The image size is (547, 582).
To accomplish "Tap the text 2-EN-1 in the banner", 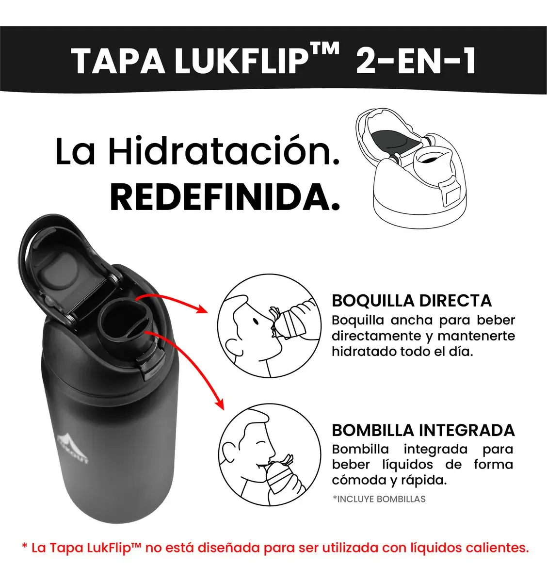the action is (x=416, y=61).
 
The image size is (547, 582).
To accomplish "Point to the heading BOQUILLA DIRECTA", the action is (x=412, y=301).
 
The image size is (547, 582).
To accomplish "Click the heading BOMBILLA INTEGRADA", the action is (x=423, y=430).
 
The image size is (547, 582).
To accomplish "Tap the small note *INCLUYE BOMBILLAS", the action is (x=379, y=499).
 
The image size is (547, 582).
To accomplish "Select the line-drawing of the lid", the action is (x=411, y=168).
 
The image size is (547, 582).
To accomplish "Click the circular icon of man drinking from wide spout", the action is (x=269, y=326).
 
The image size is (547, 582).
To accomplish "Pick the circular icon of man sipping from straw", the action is (x=270, y=455).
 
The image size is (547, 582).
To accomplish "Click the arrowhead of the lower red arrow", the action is (x=220, y=404).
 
